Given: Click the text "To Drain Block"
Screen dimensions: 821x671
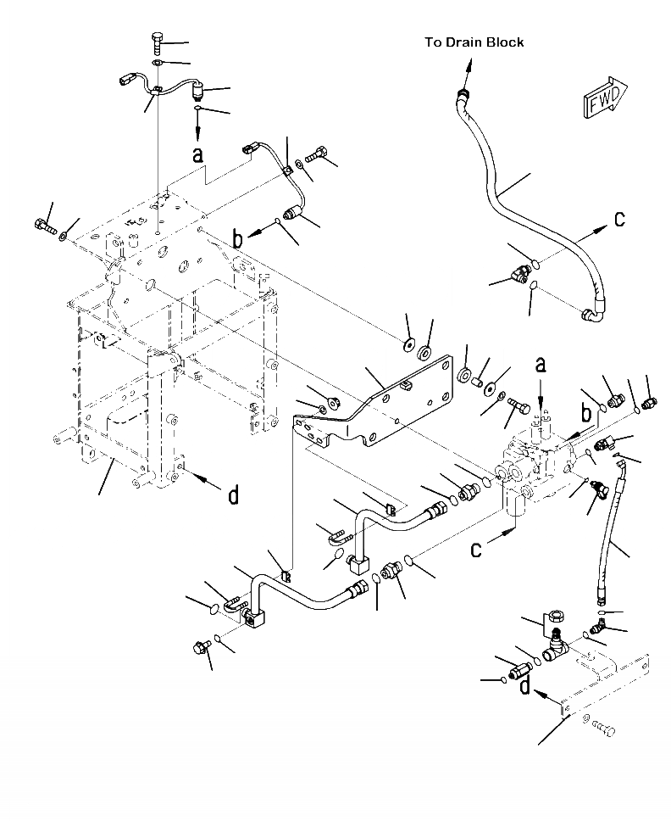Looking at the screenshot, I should pyautogui.click(x=474, y=42).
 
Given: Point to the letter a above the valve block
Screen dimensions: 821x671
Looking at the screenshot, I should pyautogui.click(x=541, y=366).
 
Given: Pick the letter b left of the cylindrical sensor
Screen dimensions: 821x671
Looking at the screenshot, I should pyautogui.click(x=238, y=240).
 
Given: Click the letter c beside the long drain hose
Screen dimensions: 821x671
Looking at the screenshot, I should pyautogui.click(x=619, y=219).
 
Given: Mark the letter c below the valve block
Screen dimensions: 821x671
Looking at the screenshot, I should pyautogui.click(x=476, y=550).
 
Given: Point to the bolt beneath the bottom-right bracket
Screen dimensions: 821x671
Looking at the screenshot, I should pyautogui.click(x=601, y=727).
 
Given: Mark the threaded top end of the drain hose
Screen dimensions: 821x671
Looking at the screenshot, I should pyautogui.click(x=461, y=94).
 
